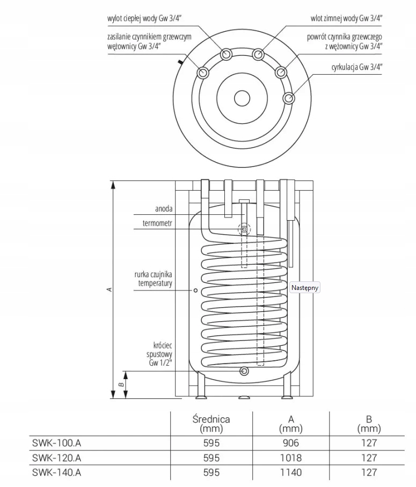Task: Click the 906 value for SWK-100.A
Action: pos(290,443)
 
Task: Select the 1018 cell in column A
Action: pos(290,458)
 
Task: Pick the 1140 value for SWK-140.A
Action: pos(290,473)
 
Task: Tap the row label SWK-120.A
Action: pos(57,458)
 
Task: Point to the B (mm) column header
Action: pos(369,424)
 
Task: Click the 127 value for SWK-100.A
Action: pos(369,443)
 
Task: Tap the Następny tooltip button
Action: pos(305,288)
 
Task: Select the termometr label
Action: pos(157,223)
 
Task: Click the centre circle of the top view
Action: pos(242,98)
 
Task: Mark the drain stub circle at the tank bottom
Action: pos(245,370)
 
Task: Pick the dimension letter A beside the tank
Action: pos(109,289)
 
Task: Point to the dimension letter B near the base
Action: pos(122,384)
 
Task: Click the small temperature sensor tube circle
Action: pos(195,290)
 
